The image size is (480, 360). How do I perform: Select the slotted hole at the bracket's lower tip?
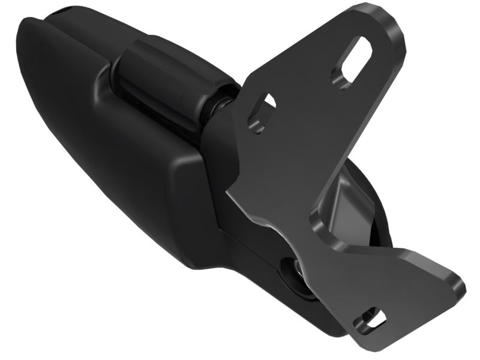coord(370,319)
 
